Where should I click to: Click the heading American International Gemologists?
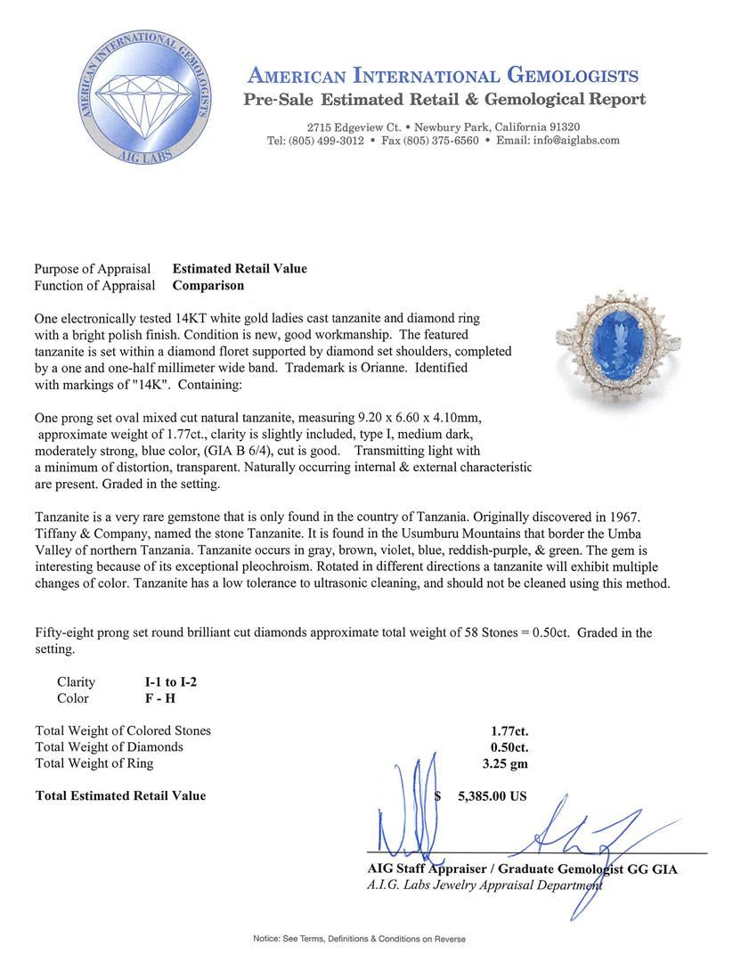[443, 75]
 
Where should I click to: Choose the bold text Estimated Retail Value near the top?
[240, 269]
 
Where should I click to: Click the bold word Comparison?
[208, 286]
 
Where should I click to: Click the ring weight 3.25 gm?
[504, 762]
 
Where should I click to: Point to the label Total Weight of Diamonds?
[110, 746]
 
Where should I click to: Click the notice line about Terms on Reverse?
[359, 938]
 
